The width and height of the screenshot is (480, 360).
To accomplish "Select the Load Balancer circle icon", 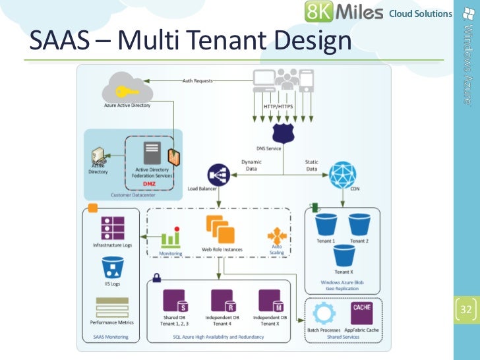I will [218, 175].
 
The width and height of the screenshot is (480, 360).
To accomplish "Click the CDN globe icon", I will [342, 175].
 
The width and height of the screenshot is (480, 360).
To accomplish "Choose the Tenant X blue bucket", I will [343, 255].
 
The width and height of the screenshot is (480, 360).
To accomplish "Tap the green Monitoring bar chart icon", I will [171, 237].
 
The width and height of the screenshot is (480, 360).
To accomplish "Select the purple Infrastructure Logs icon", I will [112, 227].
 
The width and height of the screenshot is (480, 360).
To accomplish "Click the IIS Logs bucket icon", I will [113, 268].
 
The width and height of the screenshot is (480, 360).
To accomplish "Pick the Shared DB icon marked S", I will [175, 301].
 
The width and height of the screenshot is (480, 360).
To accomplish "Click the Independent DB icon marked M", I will [271, 301].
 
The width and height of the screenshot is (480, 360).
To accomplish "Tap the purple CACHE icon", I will [361, 312].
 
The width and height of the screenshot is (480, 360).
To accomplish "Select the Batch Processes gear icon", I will [324, 313].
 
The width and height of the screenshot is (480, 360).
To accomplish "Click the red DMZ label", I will [149, 183].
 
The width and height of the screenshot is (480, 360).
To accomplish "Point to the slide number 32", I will [467, 310].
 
